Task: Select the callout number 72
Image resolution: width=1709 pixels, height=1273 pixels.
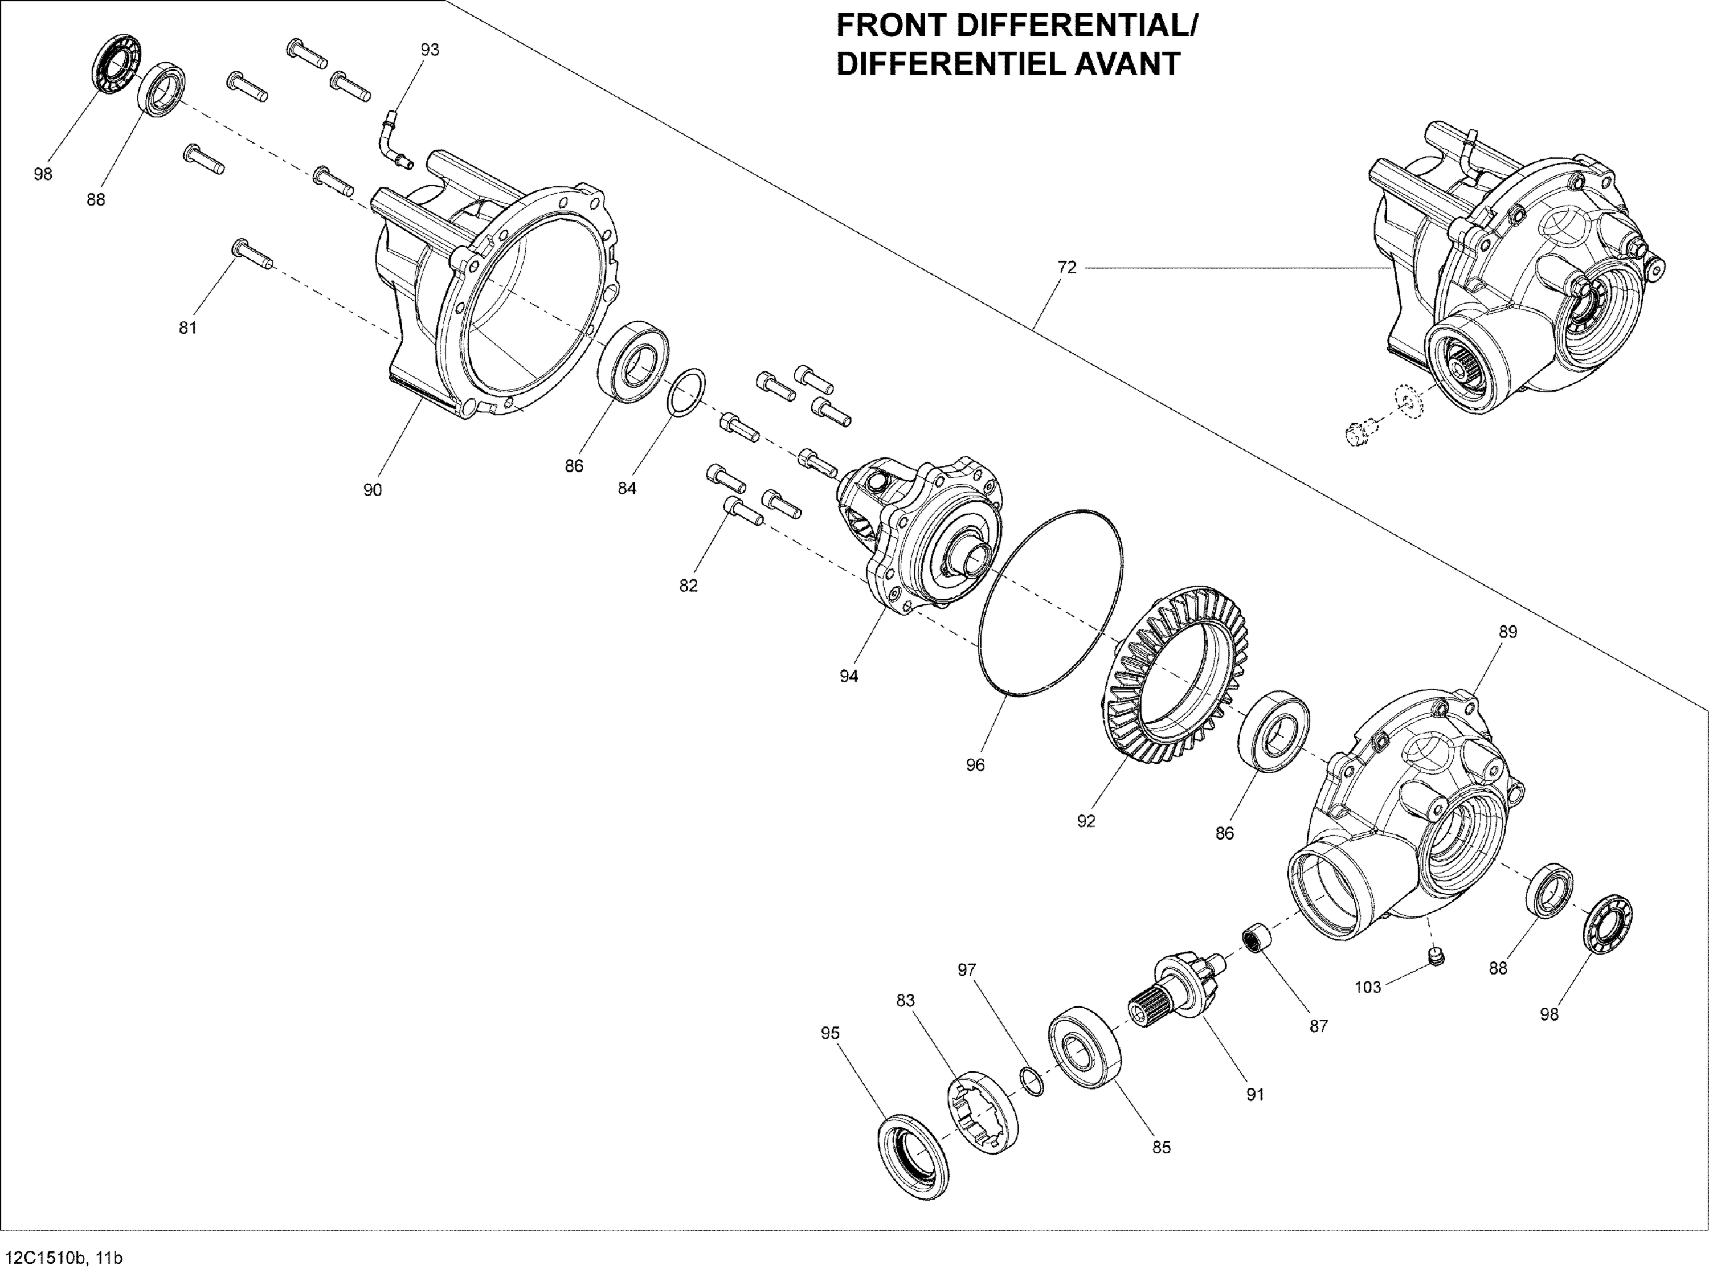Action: tap(1066, 267)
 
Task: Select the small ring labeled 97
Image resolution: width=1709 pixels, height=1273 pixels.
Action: tap(1032, 1083)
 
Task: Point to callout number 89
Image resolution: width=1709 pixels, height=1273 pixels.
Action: tap(1508, 632)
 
